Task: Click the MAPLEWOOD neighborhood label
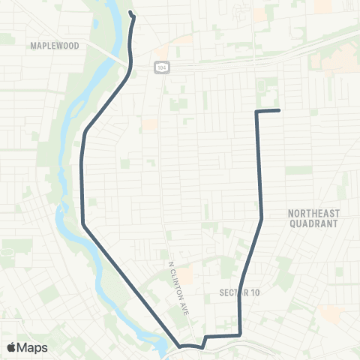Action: tap(54, 46)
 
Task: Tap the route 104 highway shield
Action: tap(162, 67)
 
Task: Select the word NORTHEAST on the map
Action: tap(313, 214)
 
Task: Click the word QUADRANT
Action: tap(313, 223)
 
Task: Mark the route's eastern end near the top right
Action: tap(279, 111)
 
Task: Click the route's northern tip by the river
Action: tap(131, 13)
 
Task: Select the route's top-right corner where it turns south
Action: tap(257, 112)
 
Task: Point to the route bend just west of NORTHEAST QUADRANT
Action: tap(262, 218)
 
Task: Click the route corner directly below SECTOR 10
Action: tap(239, 334)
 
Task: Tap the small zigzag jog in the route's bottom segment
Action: tap(205, 341)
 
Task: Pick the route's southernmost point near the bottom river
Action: tap(180, 346)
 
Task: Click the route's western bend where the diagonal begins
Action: tap(82, 223)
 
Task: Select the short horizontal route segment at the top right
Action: tap(268, 111)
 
